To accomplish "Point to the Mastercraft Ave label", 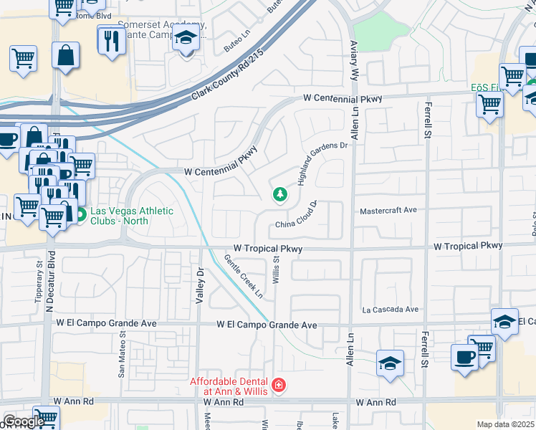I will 388,211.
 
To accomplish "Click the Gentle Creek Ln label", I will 244,277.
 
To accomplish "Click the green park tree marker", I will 279,194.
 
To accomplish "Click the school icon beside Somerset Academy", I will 186,39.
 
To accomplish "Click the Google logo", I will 23,421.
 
